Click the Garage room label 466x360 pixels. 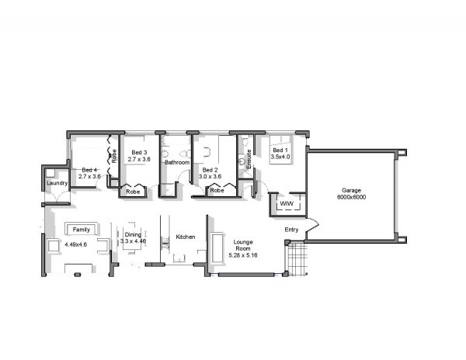pos(351,191)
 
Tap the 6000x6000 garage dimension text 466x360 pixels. pos(351,197)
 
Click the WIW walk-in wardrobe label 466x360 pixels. pos(287,203)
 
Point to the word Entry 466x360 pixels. pos(291,230)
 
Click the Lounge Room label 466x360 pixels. pos(243,245)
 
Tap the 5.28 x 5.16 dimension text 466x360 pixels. pos(243,255)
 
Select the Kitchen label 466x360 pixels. pos(186,237)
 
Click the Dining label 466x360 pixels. pos(133,235)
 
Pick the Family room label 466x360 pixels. pos(81,230)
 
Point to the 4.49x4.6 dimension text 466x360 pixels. pos(76,244)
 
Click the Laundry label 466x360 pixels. pos(57,183)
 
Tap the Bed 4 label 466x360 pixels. pos(89,170)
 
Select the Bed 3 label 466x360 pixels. pos(139,153)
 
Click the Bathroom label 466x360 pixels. pos(177,162)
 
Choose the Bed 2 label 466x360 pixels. pos(210,170)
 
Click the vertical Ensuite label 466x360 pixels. pos(249,159)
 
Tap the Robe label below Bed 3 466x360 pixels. pos(133,192)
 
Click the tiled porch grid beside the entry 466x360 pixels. pos(297,259)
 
